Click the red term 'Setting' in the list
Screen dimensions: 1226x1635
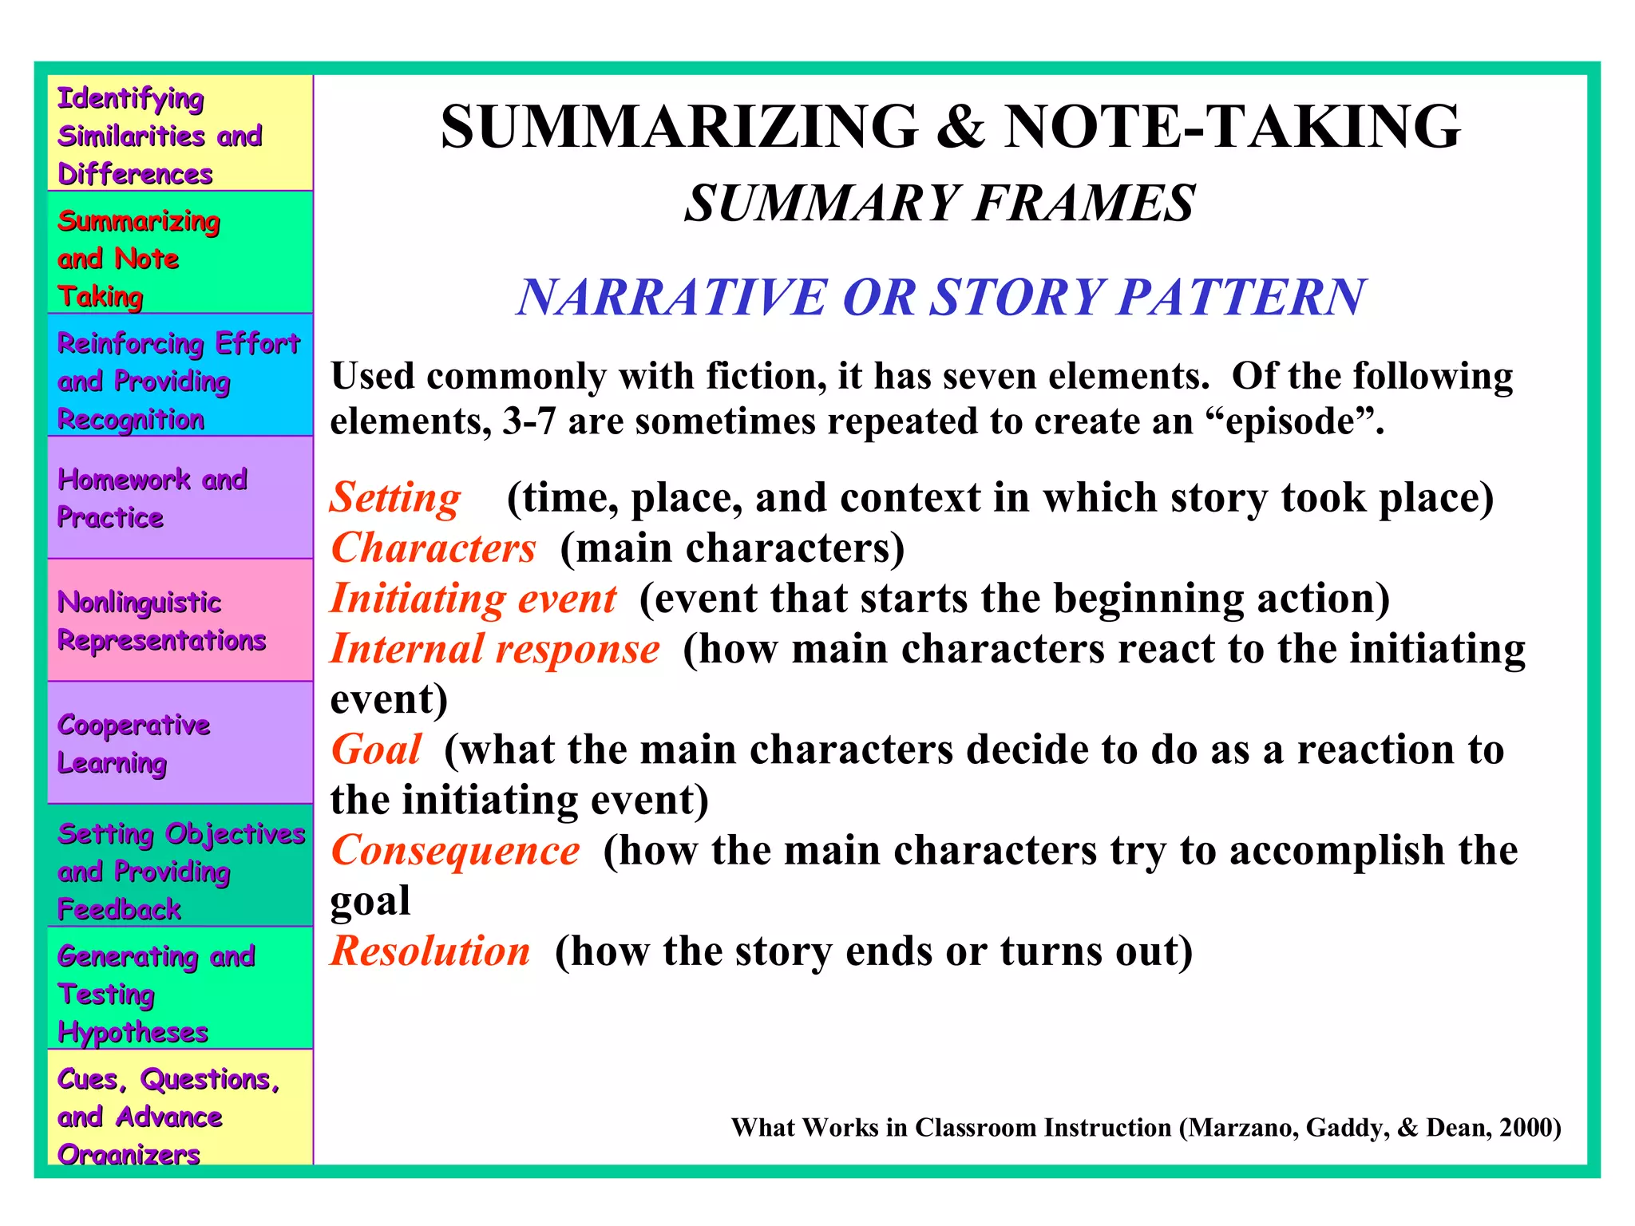395,498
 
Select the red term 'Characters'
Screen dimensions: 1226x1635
433,548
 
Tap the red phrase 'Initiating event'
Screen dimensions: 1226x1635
473,599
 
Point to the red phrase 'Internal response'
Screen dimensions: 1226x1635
495,649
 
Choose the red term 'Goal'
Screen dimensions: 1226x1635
376,749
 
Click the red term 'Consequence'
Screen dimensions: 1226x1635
455,850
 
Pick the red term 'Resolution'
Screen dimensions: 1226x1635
430,951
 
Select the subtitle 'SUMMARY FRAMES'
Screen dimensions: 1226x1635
940,203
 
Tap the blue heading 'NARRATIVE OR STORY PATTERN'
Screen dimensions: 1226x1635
940,297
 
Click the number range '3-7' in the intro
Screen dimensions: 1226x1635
529,421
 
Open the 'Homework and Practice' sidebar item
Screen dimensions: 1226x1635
152,498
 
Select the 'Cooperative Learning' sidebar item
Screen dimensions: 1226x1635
134,743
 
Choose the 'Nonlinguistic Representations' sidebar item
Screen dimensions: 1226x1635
161,621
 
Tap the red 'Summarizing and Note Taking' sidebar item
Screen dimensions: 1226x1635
138,258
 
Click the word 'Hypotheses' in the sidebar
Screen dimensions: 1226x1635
133,1032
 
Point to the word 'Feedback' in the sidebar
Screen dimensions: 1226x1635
120,909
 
